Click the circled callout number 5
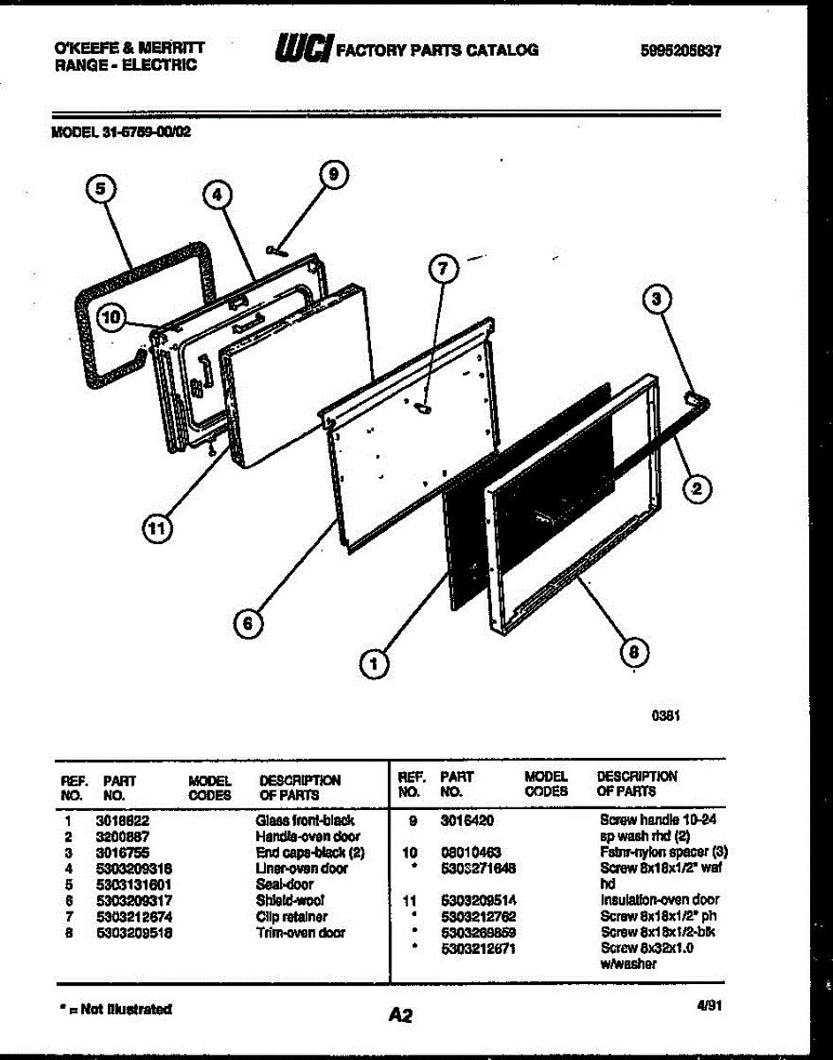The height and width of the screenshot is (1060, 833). coord(102,188)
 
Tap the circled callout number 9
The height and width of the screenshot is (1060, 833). coord(333,175)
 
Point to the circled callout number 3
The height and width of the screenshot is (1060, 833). coord(655,300)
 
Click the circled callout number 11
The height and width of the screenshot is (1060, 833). coord(156,528)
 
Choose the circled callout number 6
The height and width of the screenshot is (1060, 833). coord(248,624)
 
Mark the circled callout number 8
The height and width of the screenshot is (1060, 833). coord(633,652)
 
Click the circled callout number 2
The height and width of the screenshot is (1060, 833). coord(698,488)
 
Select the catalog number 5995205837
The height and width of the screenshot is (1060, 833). coord(682,51)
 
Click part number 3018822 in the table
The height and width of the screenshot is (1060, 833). coord(122,820)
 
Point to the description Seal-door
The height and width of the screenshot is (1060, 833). coord(284,884)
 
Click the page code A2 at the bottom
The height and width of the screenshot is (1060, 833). coord(400,1016)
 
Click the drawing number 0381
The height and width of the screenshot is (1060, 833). coord(665,717)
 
